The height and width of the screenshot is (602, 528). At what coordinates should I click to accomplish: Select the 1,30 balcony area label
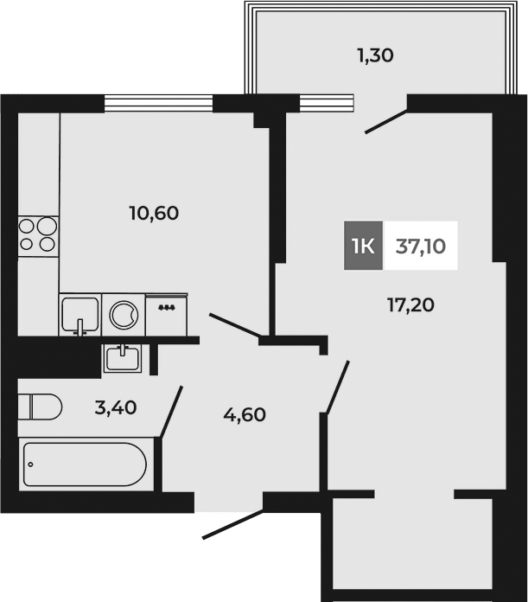click(x=376, y=56)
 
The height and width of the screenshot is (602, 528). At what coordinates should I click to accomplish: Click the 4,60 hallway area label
click(x=245, y=414)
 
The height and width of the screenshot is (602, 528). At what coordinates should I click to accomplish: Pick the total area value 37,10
click(x=421, y=245)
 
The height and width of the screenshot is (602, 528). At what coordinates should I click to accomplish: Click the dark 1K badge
click(x=363, y=245)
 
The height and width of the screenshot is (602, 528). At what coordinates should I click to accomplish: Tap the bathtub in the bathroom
click(x=85, y=465)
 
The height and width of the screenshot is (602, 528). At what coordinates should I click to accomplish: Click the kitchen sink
click(x=80, y=313)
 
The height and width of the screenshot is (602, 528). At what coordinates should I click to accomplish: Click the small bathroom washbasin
click(x=126, y=356)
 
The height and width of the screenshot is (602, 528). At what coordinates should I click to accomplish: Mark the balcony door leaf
click(x=385, y=120)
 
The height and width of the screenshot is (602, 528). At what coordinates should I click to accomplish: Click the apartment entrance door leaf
click(x=233, y=525)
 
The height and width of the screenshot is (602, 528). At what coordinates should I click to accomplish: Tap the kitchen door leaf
click(x=235, y=328)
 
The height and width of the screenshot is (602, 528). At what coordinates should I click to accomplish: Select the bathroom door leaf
click(x=172, y=412)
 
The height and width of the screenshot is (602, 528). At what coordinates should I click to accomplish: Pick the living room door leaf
click(x=337, y=387)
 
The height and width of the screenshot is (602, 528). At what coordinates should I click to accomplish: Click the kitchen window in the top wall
click(x=158, y=103)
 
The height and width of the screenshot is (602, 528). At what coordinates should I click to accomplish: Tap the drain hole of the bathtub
click(x=32, y=464)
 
